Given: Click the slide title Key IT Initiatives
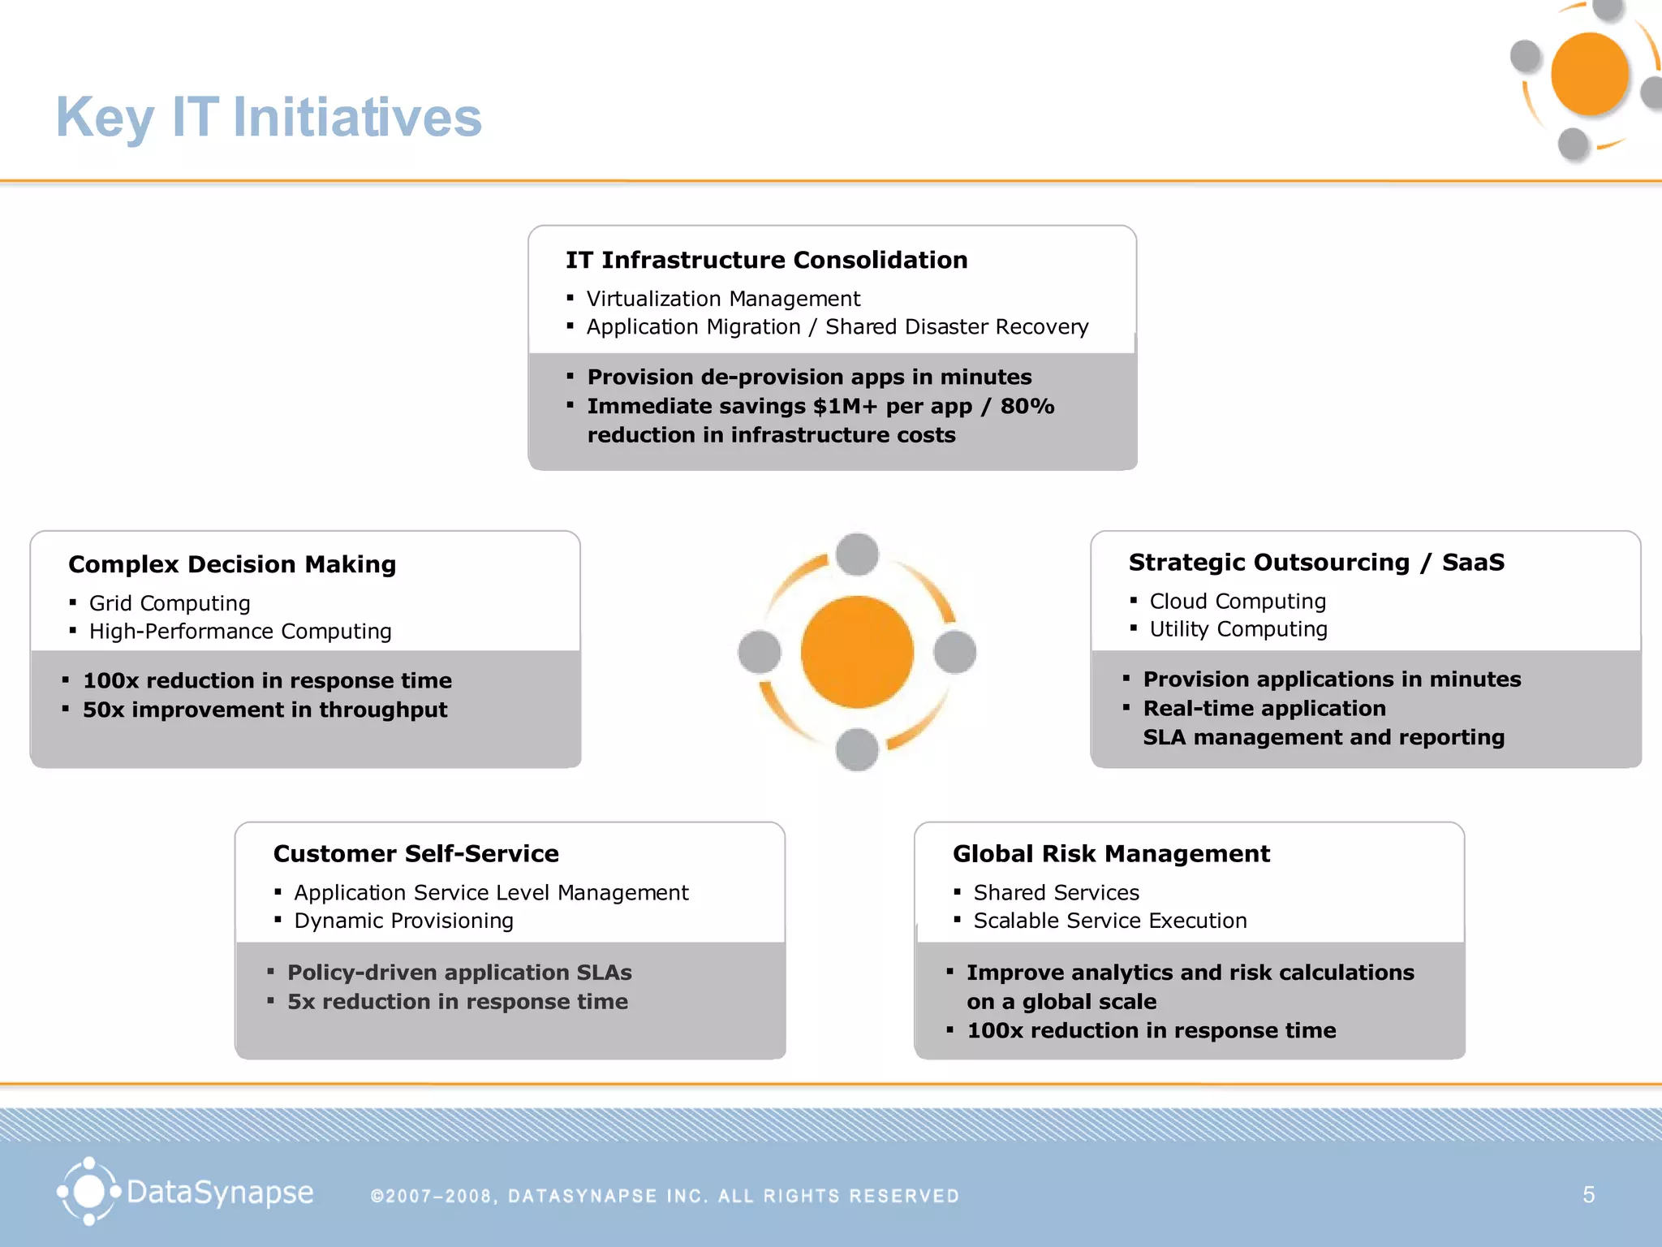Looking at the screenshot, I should click(269, 118).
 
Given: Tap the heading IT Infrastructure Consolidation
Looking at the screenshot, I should click(766, 260).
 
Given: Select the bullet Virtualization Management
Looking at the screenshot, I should click(722, 299).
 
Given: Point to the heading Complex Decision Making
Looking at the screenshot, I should click(232, 564).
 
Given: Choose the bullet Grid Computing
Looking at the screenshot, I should click(169, 603).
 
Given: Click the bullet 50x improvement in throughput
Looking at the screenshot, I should click(265, 710).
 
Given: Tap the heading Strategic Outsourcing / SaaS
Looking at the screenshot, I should click(1315, 562).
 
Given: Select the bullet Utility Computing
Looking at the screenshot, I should click(1238, 629).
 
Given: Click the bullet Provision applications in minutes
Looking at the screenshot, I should click(1331, 679).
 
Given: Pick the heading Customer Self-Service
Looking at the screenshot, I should click(415, 853).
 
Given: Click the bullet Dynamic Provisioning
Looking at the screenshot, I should click(403, 921).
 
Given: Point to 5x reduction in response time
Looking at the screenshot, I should click(457, 1002).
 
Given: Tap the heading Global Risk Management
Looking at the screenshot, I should click(1111, 853).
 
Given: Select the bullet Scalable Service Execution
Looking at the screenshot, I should click(1109, 921).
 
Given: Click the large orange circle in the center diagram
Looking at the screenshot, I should click(857, 652).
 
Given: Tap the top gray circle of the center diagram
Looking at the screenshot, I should click(857, 554).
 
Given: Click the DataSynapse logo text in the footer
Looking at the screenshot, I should click(220, 1193).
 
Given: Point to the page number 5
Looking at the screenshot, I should click(1588, 1194).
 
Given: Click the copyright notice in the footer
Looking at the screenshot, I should click(665, 1196).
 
